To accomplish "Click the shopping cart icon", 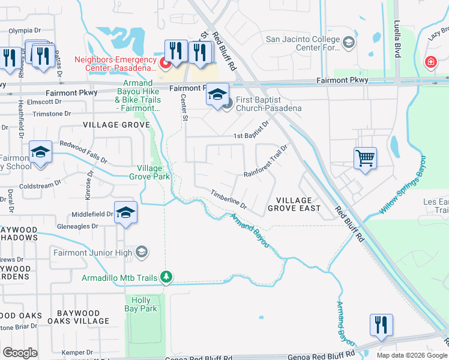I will [365, 158].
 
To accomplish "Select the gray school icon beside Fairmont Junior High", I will [142, 253].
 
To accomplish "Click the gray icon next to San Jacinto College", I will [348, 43].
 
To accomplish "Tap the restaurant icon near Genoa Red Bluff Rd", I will [381, 325].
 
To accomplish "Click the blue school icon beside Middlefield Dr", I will [125, 212].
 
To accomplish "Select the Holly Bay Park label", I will [140, 304].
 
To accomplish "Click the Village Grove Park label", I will [149, 172].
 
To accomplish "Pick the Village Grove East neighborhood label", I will [294, 204].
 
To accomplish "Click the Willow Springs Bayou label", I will [404, 185].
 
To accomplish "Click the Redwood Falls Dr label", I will [83, 153].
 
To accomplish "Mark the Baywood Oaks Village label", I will [83, 317].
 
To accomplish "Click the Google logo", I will [20, 353].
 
